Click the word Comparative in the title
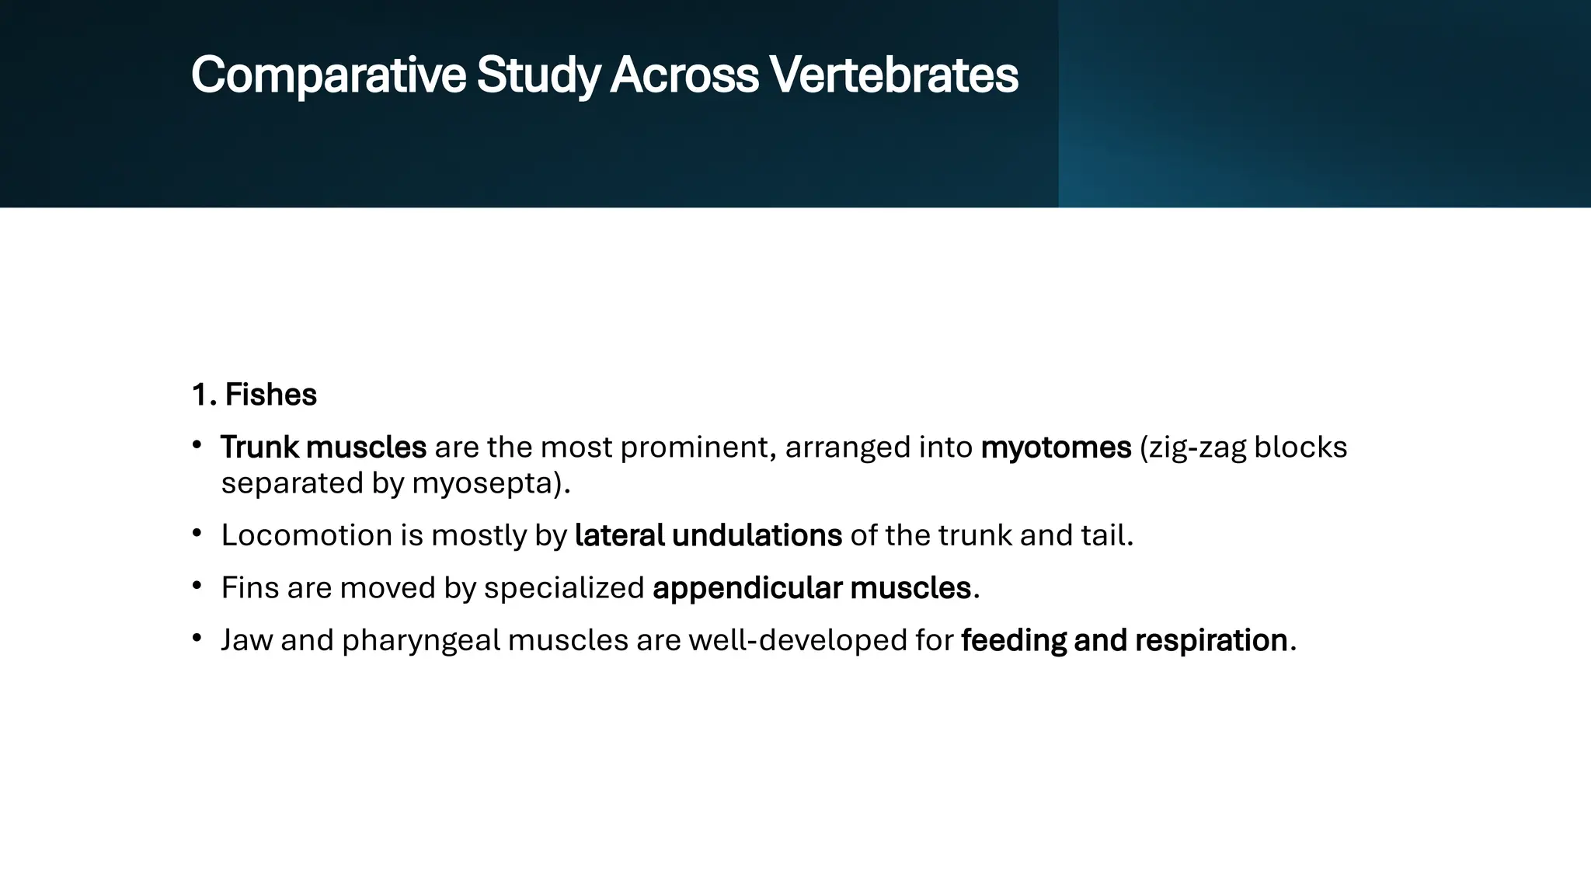coord(328,76)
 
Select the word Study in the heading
coord(538,76)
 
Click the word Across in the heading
coord(684,76)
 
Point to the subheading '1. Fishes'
coord(254,395)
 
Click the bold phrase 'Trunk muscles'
coord(323,447)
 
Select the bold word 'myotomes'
coord(1056,447)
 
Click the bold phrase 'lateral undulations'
coord(708,535)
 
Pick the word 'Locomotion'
coord(306,535)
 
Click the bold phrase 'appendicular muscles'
coord(811,588)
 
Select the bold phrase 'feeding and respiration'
coord(1124,640)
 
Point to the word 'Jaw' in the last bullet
coord(246,640)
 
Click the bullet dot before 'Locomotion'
coord(197,534)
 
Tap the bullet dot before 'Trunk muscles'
coord(197,446)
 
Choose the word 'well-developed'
coord(821,640)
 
